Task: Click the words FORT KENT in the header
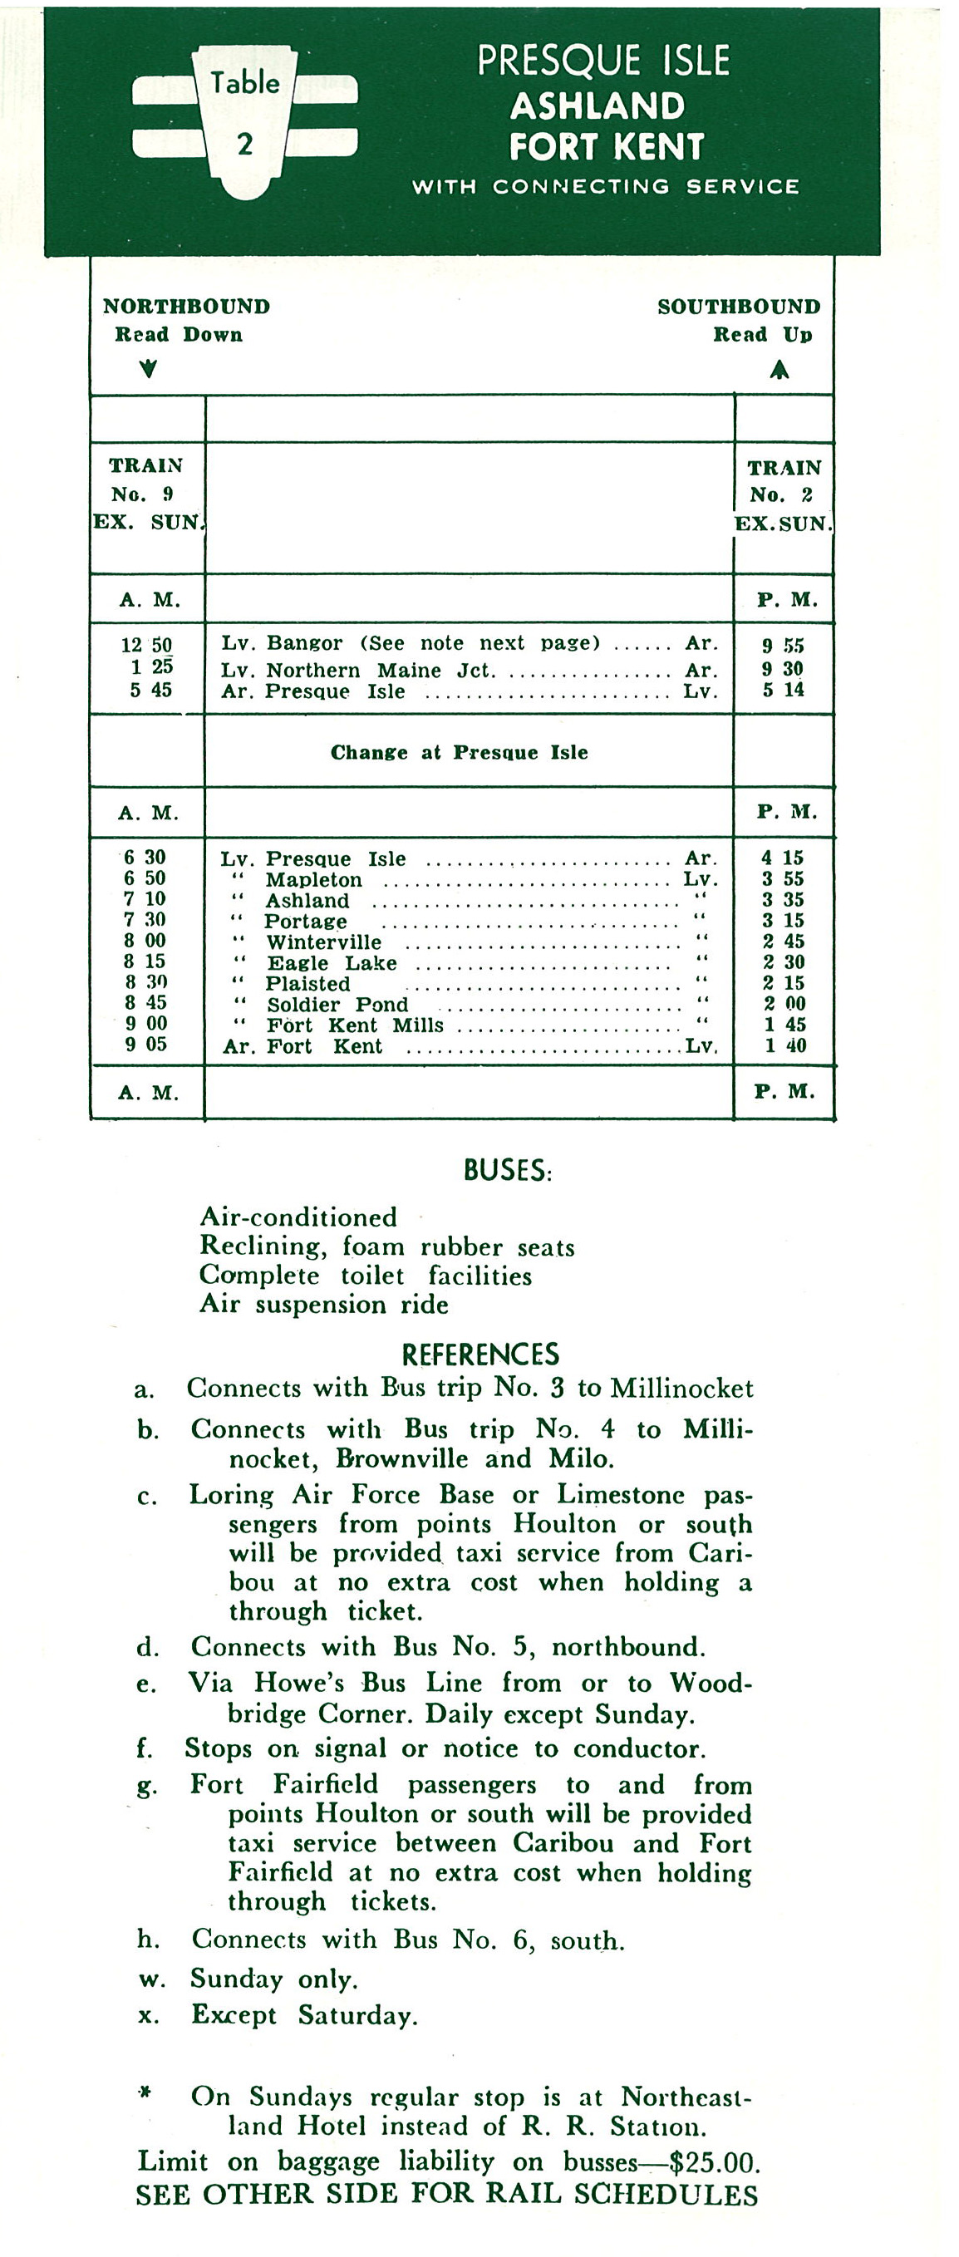[606, 146]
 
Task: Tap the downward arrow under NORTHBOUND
[149, 368]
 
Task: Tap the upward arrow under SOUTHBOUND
[779, 370]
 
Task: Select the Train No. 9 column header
[147, 494]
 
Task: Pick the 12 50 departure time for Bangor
[146, 645]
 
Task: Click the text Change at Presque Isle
[459, 753]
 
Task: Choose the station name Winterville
[324, 942]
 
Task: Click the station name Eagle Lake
[331, 963]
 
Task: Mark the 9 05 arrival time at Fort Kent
[145, 1045]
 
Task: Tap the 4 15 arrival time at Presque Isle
[782, 858]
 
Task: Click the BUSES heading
[507, 1171]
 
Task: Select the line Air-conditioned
[298, 1217]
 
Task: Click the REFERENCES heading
[480, 1355]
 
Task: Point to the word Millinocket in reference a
[681, 1389]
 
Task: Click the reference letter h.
[147, 1939]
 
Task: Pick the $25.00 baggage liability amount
[713, 2163]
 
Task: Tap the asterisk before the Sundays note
[145, 2093]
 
